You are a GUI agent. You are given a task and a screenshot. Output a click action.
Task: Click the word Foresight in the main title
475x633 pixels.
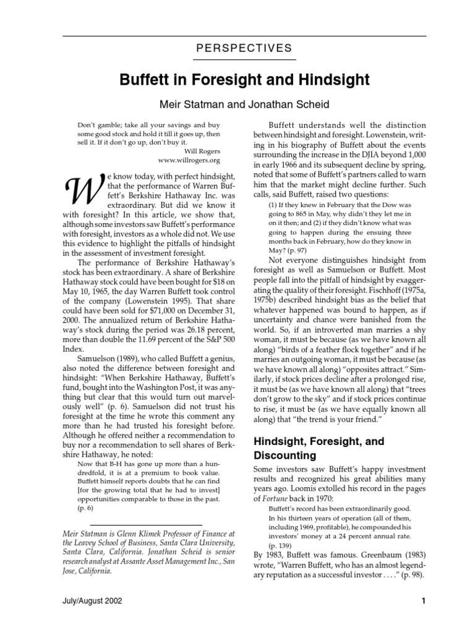(234, 80)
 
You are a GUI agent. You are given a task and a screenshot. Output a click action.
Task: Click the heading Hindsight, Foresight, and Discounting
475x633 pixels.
(319, 448)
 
